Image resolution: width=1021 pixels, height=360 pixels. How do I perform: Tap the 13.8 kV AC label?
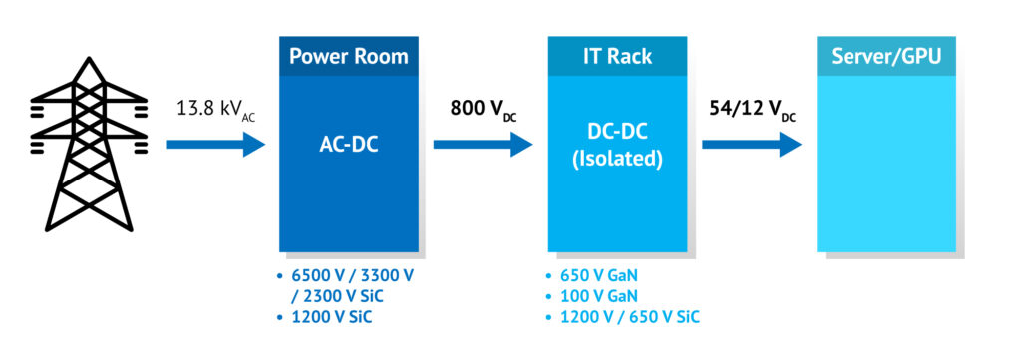pos(213,108)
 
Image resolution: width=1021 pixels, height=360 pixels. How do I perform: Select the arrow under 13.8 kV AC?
pos(214,145)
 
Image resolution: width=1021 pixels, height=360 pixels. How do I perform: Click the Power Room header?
pos(348,56)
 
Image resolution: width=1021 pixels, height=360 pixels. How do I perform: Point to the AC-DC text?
pos(348,145)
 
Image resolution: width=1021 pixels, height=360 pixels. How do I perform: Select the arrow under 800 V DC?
pos(483,145)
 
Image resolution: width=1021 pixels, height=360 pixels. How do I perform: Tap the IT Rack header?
pos(617,56)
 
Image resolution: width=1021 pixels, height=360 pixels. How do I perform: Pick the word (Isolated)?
pos(617,160)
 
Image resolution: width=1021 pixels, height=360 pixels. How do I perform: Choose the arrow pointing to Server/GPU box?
pos(752,145)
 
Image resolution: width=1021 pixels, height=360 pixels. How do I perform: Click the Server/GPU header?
pos(886,56)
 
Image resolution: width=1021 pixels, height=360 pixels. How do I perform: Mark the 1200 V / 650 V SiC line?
pos(628,317)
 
